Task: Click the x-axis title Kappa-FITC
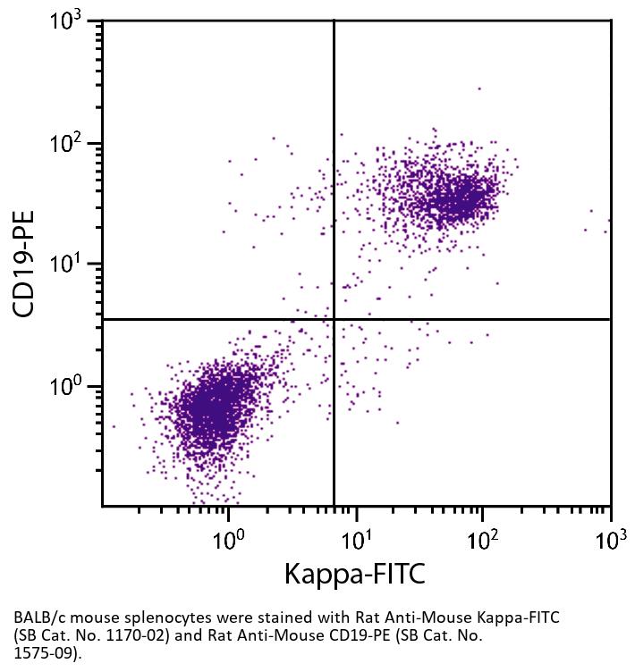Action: pyautogui.click(x=355, y=574)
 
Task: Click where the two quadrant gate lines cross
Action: pyautogui.click(x=334, y=319)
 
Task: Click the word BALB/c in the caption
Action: pyautogui.click(x=37, y=617)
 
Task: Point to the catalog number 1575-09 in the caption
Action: pyautogui.click(x=41, y=653)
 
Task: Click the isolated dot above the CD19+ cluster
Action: pyautogui.click(x=479, y=88)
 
